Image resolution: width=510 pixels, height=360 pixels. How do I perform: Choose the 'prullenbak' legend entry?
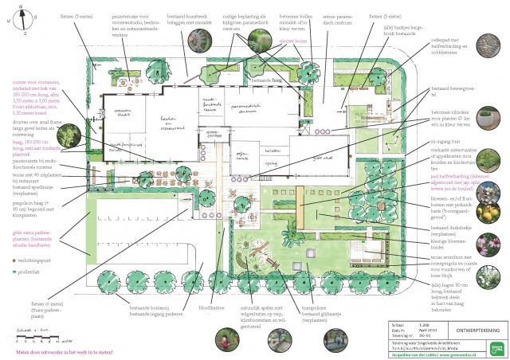[x=26, y=273]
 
